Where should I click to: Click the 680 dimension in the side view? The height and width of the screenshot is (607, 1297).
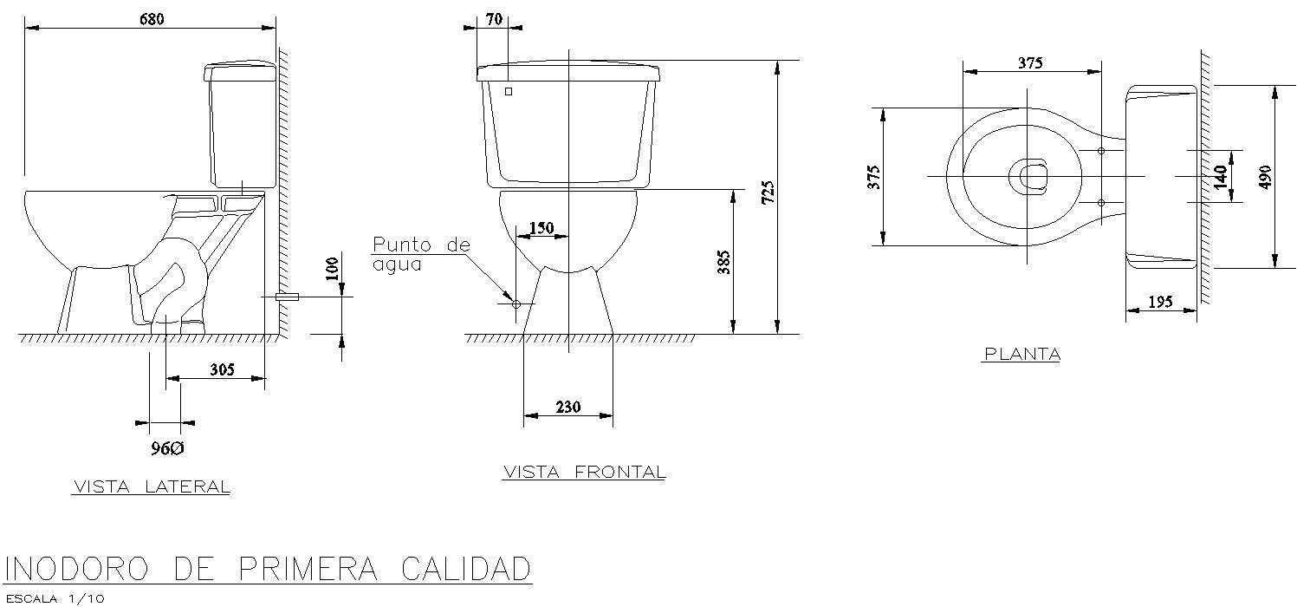152,18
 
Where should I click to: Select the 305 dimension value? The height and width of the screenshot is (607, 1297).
222,369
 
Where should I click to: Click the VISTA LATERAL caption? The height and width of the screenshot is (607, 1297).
151,487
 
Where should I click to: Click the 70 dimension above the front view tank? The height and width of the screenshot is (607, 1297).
495,19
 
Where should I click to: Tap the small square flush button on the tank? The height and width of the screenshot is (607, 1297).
509,91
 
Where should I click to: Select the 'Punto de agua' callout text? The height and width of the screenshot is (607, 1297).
420,255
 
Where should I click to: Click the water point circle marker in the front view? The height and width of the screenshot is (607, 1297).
516,304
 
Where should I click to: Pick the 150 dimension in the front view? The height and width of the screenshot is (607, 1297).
541,227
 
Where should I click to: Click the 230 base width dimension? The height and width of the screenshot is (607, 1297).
568,407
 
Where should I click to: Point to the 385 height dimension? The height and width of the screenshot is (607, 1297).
724,262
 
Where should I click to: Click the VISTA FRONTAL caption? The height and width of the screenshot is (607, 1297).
584,473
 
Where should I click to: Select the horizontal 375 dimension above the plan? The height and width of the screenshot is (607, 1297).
1030,63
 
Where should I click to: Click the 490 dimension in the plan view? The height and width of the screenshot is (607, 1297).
1265,176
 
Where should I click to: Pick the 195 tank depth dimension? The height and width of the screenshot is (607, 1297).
1160,302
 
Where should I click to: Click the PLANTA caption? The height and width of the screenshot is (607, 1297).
1021,354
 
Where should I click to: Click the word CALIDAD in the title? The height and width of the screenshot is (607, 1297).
464,570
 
